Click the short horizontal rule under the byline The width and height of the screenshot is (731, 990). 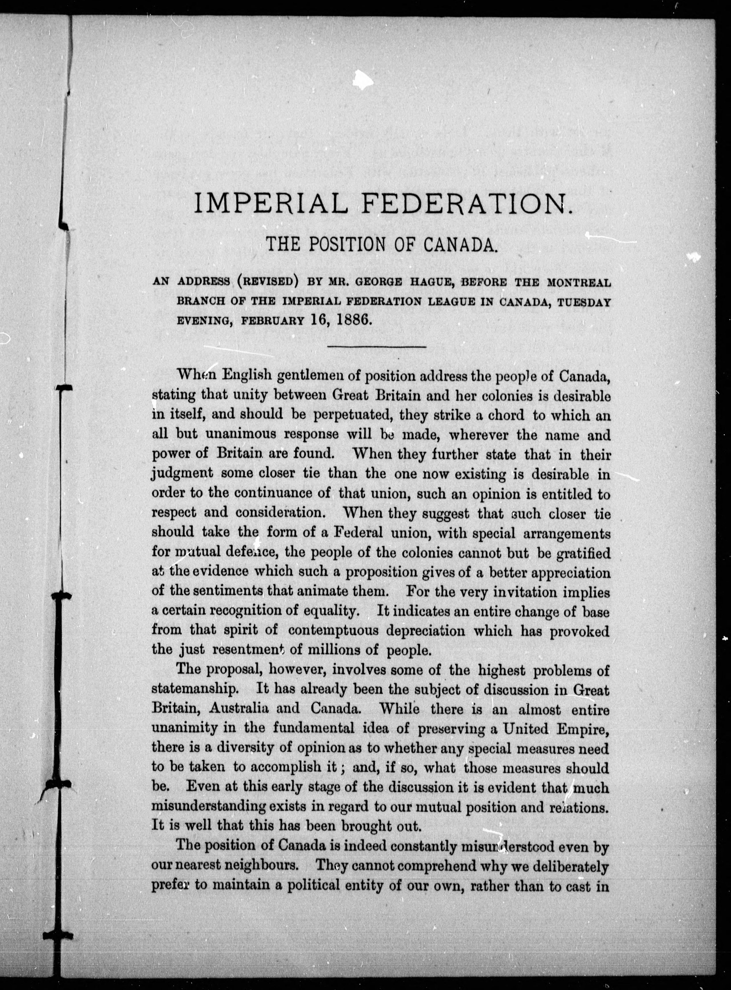coord(376,347)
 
